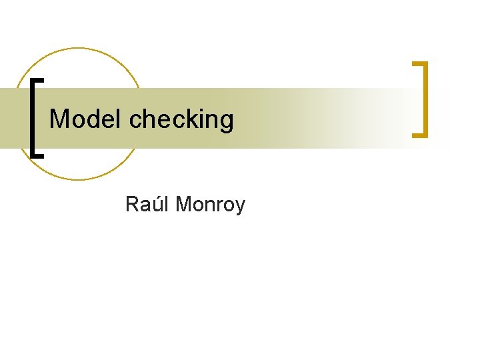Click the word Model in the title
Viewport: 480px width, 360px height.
pyautogui.click(x=86, y=119)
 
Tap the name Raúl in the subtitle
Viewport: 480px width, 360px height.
pyautogui.click(x=147, y=204)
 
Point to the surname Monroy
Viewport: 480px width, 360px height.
pyautogui.click(x=210, y=205)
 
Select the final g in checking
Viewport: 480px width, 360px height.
pyautogui.click(x=227, y=123)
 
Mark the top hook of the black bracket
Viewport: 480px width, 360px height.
pyautogui.click(x=39, y=80)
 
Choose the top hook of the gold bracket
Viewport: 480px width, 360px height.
pyautogui.click(x=419, y=65)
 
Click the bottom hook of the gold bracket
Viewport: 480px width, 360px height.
pyautogui.click(x=419, y=135)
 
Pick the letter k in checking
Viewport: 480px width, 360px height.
pyautogui.click(x=189, y=119)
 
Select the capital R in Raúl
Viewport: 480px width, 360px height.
pyautogui.click(x=132, y=204)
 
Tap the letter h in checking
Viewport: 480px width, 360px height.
pyautogui.click(x=150, y=119)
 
